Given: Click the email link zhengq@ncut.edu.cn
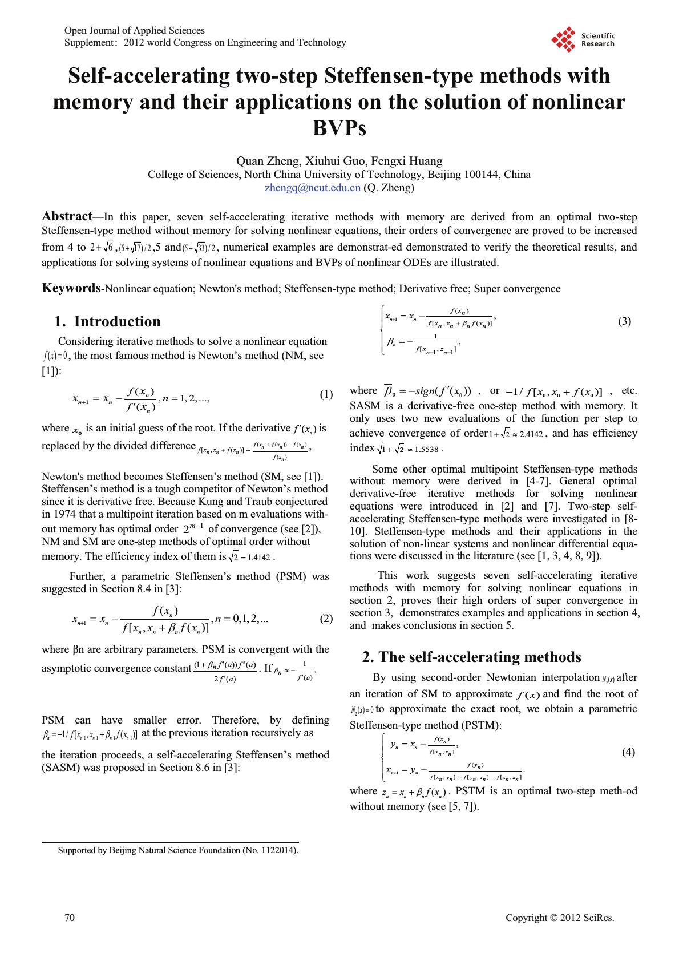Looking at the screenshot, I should (x=312, y=188).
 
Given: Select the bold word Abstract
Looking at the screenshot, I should (x=67, y=216).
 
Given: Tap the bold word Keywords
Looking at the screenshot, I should (x=71, y=288).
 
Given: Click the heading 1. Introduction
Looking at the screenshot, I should (x=107, y=321).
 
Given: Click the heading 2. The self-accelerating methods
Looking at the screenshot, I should (x=471, y=657).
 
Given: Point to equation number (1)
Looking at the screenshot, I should (x=326, y=394).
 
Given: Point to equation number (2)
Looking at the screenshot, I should (x=326, y=619).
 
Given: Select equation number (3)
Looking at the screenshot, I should (x=625, y=322).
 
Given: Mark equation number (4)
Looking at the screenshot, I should (x=628, y=752).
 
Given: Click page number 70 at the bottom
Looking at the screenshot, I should (x=70, y=918).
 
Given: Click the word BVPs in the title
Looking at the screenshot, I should (x=339, y=128).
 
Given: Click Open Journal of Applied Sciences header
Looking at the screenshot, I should (x=135, y=30).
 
